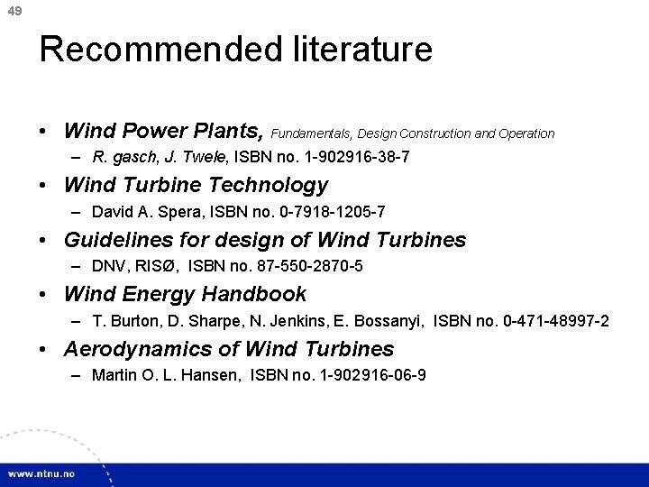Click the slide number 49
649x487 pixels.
(12, 12)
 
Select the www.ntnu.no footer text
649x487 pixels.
(43, 473)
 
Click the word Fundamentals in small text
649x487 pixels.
(306, 133)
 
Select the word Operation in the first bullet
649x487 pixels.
(526, 133)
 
